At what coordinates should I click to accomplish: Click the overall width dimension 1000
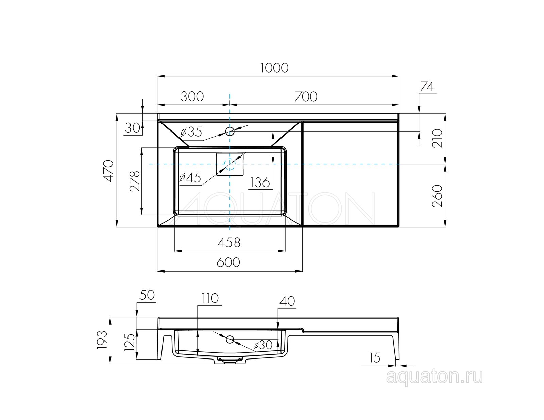[274, 68]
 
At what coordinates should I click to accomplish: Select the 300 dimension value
[192, 97]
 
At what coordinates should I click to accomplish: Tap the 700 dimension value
[306, 97]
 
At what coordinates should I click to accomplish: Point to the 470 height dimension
[108, 171]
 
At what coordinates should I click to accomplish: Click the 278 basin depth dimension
[135, 181]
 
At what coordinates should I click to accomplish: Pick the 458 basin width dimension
[229, 242]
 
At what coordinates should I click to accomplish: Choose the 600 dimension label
[228, 262]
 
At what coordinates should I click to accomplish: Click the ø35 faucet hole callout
[191, 132]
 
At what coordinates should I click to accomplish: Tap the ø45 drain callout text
[190, 178]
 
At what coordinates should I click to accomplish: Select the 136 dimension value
[260, 182]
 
